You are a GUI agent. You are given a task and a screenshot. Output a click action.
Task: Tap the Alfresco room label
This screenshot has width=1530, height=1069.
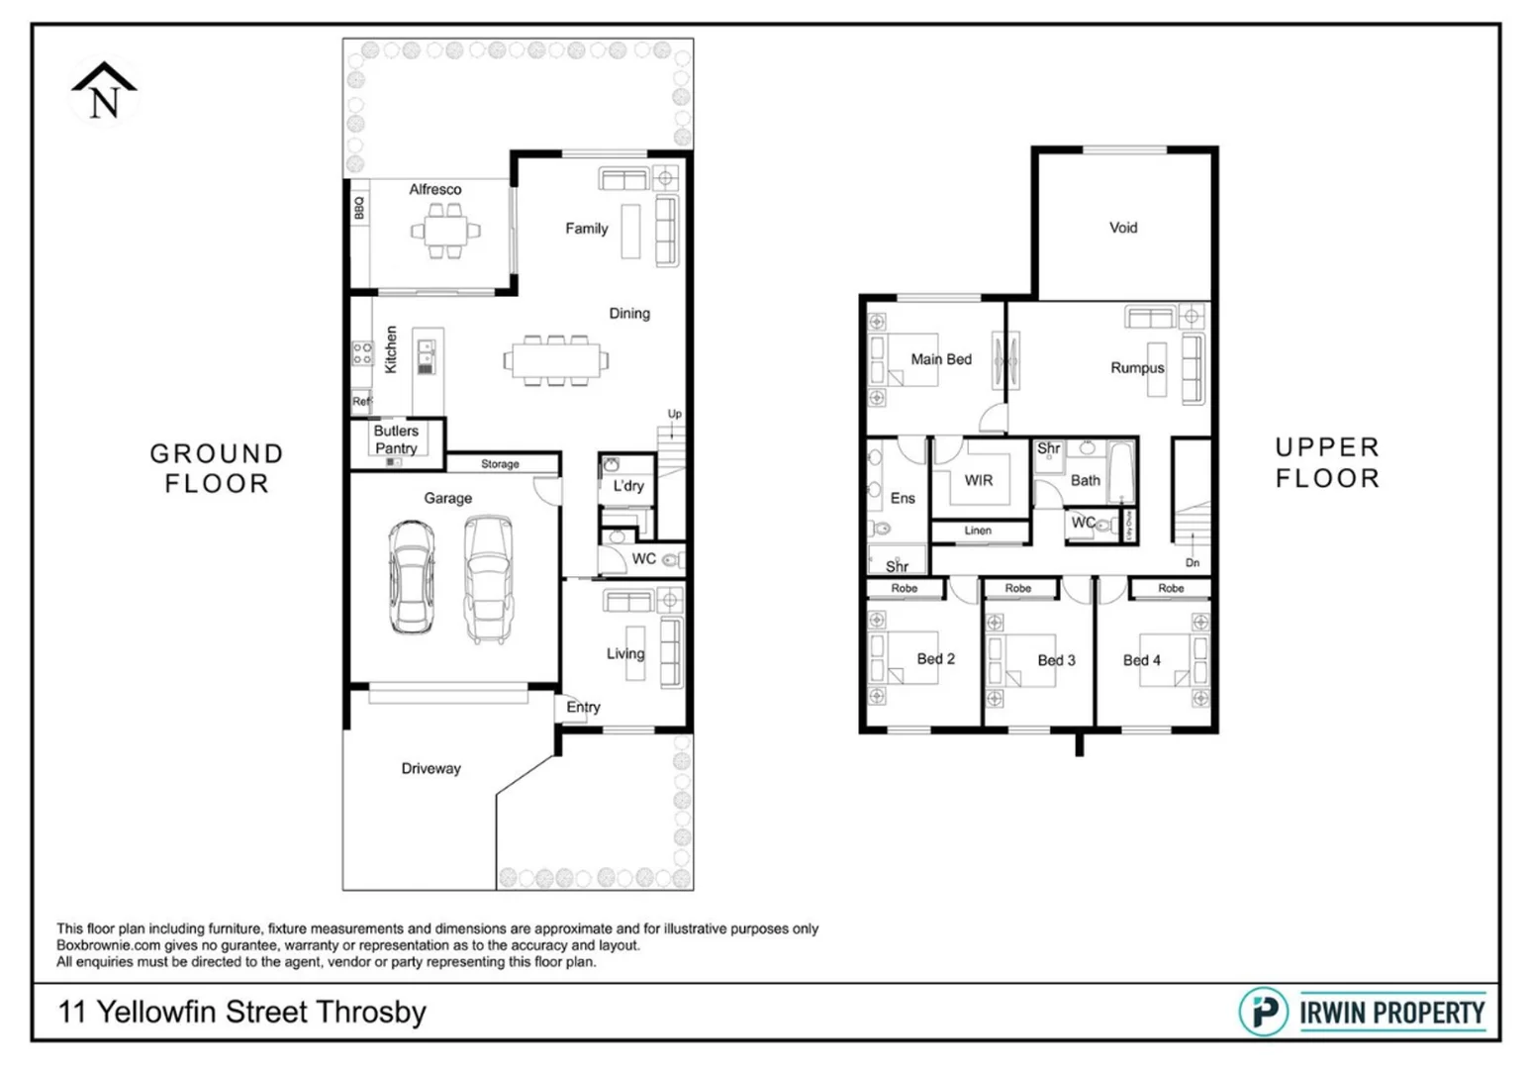coord(435,189)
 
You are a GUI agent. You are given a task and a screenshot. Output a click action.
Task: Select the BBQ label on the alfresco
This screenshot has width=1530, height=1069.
coord(359,208)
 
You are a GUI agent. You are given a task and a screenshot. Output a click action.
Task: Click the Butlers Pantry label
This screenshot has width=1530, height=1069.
coord(396,439)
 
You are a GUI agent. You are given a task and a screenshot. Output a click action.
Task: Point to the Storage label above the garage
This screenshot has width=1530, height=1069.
coord(500,463)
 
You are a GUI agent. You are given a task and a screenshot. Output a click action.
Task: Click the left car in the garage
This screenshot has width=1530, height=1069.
coord(411,576)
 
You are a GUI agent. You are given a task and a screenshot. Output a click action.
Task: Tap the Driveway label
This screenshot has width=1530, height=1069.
coord(430,768)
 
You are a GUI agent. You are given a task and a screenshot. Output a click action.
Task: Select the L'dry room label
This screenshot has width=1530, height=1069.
coord(628,486)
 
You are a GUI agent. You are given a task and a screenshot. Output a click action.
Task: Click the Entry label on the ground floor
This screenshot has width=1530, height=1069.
coord(583,707)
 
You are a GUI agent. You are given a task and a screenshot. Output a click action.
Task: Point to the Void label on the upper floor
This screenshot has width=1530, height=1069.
coord(1123,228)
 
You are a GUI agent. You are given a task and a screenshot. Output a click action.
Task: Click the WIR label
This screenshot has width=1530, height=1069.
coord(978,480)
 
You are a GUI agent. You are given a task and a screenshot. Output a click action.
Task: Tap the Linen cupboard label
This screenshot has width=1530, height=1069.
coord(978,531)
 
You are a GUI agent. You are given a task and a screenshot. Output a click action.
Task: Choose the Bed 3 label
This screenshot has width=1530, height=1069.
coord(1056,660)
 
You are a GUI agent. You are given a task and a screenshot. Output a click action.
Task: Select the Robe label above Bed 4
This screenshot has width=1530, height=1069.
coord(1171,588)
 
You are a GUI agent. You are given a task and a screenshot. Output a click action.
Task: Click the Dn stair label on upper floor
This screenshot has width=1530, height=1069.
coord(1193,562)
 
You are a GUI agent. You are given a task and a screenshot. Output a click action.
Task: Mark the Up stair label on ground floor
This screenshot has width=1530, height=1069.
coord(674,414)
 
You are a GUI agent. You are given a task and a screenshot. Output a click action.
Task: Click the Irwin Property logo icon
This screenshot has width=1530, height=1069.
coord(1263,1012)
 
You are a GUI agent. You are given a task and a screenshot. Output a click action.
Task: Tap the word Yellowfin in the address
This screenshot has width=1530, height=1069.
coord(157,1012)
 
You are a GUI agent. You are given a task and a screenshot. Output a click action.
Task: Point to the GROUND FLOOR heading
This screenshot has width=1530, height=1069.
coord(217,468)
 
